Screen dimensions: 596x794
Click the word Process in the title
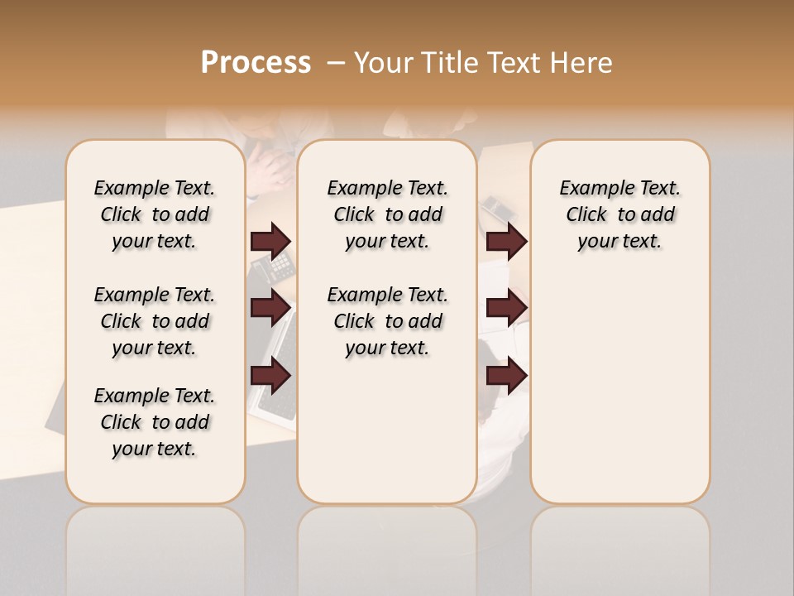[256, 63]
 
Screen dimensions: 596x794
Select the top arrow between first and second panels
[270, 241]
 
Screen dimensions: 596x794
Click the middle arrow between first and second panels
[270, 308]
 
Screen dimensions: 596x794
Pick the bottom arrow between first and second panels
[270, 377]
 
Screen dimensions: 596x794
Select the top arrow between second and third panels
[506, 241]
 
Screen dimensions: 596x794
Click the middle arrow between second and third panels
[506, 308]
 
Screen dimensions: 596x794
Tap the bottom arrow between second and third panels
[506, 377]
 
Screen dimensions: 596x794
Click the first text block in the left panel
[155, 214]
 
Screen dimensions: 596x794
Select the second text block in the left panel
[155, 321]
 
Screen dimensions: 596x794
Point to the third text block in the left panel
[155, 422]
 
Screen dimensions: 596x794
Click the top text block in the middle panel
[387, 214]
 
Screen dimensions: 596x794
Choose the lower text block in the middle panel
[387, 321]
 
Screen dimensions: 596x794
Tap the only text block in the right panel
[619, 214]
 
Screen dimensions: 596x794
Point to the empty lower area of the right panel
[619, 381]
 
